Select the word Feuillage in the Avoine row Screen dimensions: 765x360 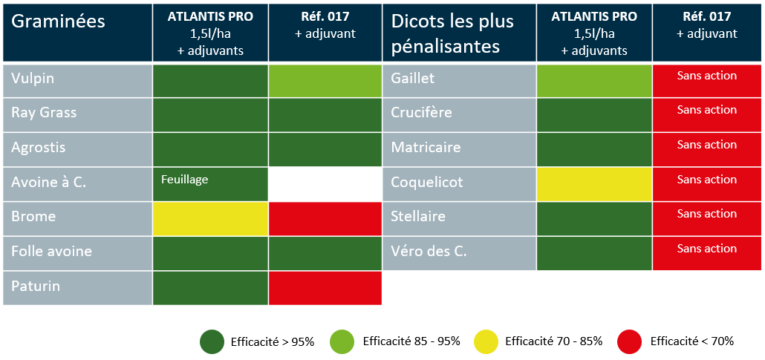(184, 180)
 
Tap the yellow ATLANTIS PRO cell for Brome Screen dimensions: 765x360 (210, 218)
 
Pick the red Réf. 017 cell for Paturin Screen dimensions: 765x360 (325, 288)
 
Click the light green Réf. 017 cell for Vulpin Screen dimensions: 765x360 (325, 81)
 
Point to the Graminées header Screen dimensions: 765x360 (58, 22)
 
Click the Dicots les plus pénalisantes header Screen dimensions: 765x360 (453, 33)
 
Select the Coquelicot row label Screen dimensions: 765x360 (427, 183)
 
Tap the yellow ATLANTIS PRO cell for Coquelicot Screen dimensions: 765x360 (594, 184)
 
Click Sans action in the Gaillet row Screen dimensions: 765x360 (707, 76)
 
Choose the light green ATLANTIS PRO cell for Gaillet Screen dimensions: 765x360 (594, 81)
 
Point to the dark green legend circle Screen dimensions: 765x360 (212, 341)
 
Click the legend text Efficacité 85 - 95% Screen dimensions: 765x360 (411, 341)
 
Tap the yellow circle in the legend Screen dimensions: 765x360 (486, 341)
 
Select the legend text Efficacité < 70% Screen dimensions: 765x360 (691, 341)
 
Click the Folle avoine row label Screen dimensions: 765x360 (52, 252)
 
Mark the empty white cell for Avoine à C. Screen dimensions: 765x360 (325, 184)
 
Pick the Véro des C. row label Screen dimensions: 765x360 (429, 252)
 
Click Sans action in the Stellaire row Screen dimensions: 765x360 (707, 214)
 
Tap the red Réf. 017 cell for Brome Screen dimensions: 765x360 (325, 218)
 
